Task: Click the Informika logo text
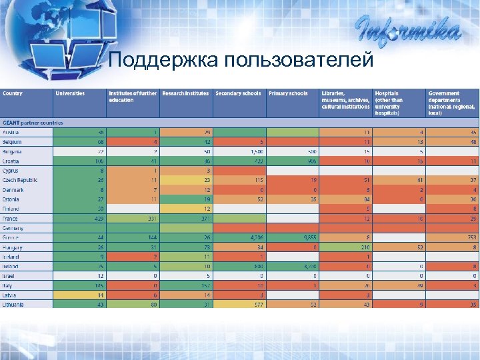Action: click(x=407, y=31)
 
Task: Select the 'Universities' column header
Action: click(x=70, y=94)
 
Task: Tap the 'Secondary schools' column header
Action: click(x=238, y=94)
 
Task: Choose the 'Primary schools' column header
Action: click(x=288, y=94)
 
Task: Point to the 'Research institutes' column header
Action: click(x=185, y=94)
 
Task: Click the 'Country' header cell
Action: click(x=13, y=94)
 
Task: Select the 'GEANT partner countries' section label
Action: click(x=33, y=123)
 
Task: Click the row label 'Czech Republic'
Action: click(x=21, y=180)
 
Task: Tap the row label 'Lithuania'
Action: click(x=13, y=304)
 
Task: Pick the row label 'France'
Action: click(x=11, y=219)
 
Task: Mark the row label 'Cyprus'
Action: click(x=11, y=171)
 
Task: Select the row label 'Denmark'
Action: click(x=13, y=190)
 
